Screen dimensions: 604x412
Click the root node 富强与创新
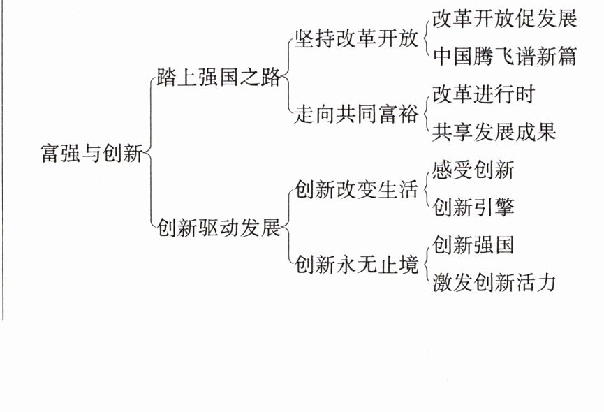click(x=91, y=152)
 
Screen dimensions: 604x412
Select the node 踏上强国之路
click(x=219, y=77)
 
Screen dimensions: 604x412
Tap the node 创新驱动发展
click(x=219, y=228)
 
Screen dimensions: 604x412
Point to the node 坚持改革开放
click(x=356, y=38)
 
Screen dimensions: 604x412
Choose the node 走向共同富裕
click(x=356, y=114)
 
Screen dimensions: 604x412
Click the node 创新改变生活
click(x=356, y=189)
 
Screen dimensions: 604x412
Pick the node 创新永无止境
click(x=356, y=265)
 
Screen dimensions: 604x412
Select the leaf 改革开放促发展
click(x=504, y=18)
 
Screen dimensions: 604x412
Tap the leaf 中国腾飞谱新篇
click(x=504, y=57)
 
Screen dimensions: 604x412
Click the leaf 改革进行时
click(x=483, y=94)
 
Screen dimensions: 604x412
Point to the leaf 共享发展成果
click(x=494, y=132)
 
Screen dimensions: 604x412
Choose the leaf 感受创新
click(x=473, y=170)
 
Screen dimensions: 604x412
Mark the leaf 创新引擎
click(x=473, y=207)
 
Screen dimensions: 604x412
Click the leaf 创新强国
click(x=473, y=244)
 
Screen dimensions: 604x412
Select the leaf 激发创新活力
click(x=494, y=282)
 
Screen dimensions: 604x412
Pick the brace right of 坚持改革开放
click(x=426, y=38)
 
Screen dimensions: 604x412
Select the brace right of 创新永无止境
click(x=426, y=264)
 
